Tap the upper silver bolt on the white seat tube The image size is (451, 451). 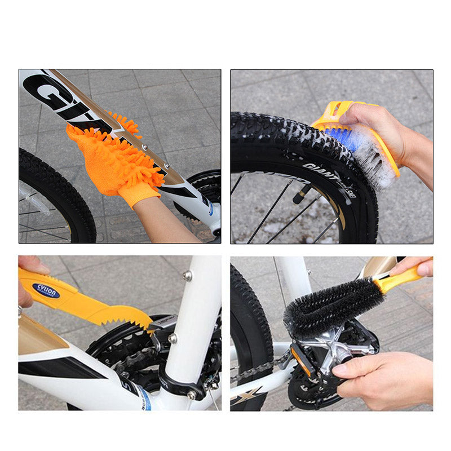point(188,276)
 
